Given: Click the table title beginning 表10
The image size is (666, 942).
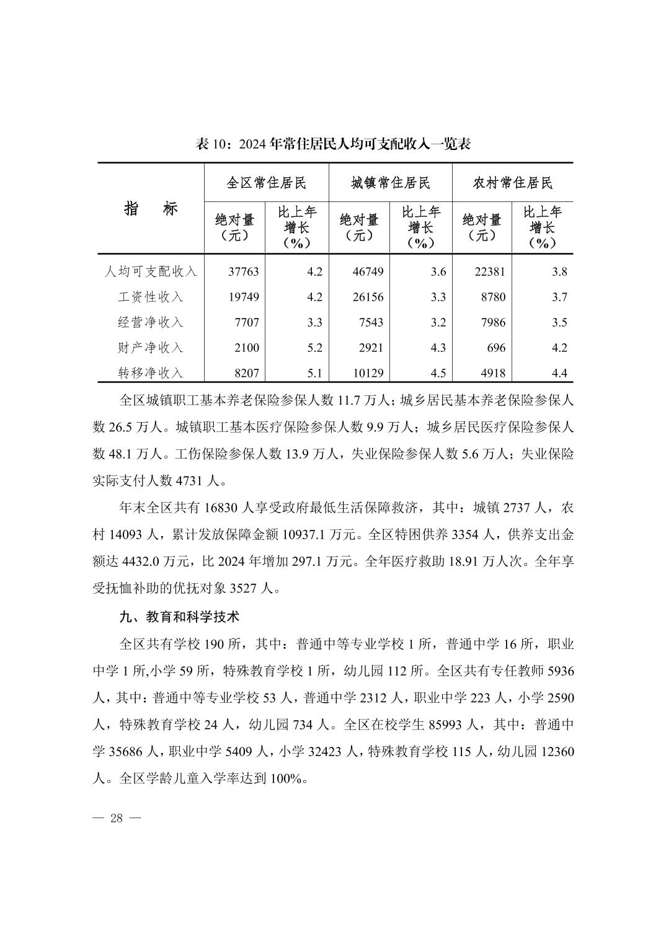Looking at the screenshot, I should click(333, 144).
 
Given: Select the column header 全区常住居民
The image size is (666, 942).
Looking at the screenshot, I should click(266, 183).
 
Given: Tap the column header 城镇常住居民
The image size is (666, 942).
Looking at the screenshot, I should click(390, 183).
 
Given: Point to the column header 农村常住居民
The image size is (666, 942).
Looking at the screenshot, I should click(512, 183).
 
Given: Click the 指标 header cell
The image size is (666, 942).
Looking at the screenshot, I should click(151, 209).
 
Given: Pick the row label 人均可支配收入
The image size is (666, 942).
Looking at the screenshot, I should click(151, 271).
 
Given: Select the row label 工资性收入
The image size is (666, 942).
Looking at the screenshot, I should click(151, 297).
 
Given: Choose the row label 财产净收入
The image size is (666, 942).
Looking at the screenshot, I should click(151, 348).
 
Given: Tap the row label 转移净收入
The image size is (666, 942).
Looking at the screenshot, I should click(151, 373).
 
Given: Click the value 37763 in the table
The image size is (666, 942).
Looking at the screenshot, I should click(244, 271).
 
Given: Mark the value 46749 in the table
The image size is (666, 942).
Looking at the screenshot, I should click(368, 271).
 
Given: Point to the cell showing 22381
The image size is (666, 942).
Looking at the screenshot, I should click(490, 271).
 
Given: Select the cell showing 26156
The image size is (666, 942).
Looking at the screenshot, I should click(368, 297).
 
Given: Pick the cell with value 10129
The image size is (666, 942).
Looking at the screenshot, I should click(368, 373).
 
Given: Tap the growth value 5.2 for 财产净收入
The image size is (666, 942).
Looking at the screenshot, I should click(314, 348).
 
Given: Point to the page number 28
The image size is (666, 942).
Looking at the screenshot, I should click(117, 818).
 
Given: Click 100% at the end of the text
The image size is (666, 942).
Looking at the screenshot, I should click(287, 778).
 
